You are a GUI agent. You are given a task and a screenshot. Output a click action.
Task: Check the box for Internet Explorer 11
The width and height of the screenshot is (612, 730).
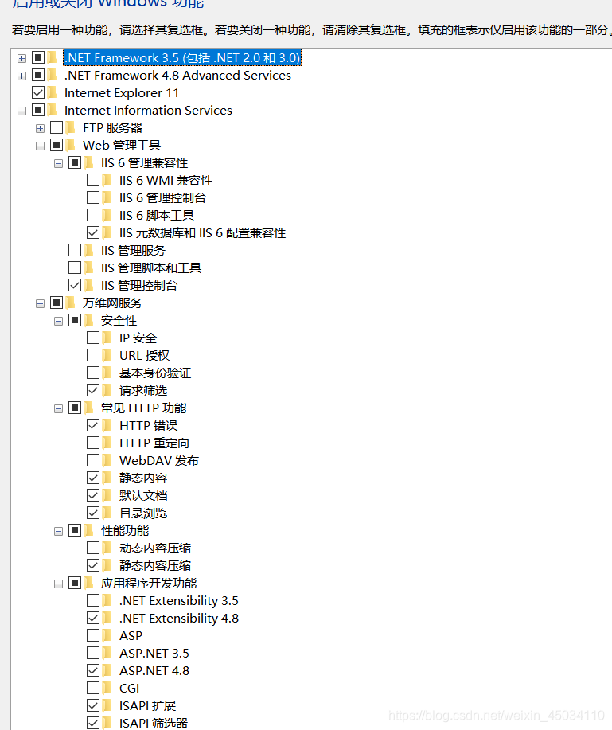point(38,92)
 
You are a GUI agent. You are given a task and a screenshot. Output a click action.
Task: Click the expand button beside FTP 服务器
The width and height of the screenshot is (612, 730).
point(40,128)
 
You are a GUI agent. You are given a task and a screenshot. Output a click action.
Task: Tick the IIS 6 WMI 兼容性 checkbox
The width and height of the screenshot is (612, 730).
point(93,181)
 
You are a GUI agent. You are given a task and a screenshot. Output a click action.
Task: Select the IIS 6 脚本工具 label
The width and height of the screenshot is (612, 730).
point(157,216)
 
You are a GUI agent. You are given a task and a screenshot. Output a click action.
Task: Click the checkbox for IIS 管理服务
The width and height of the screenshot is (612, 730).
point(75,251)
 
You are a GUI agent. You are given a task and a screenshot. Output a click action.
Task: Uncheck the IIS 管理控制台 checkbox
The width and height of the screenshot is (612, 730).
point(75,286)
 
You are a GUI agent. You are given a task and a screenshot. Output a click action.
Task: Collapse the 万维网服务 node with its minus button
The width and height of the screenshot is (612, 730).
point(40,303)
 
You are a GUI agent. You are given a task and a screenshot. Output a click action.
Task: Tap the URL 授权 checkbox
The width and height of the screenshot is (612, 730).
point(93,356)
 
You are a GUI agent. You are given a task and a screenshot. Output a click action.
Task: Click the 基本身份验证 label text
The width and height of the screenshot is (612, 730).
point(155,373)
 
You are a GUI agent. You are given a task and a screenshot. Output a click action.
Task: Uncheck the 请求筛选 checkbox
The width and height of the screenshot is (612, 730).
point(93,391)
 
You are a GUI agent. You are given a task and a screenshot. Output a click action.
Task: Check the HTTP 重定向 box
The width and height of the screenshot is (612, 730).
point(93,443)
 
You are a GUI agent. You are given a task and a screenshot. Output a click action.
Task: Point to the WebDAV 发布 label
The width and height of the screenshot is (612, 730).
point(159,461)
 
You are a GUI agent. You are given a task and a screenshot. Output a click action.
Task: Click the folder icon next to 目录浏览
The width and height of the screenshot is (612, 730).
point(107,513)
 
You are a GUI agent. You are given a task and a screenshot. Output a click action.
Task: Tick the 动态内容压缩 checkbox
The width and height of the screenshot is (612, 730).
point(93,548)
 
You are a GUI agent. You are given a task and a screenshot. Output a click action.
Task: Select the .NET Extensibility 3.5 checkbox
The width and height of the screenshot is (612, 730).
point(93,601)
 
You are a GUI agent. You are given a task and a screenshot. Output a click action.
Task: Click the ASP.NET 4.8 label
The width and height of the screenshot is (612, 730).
point(154,671)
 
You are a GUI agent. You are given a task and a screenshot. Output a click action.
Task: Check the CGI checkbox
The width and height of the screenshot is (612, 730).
point(93,689)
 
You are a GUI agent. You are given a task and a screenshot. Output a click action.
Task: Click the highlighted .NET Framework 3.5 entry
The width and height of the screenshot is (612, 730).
point(182,58)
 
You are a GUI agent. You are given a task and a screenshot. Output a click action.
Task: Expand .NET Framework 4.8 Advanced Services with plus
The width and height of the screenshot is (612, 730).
point(21,76)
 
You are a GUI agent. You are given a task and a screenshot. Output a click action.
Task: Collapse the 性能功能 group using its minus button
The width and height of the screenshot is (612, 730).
point(58,531)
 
